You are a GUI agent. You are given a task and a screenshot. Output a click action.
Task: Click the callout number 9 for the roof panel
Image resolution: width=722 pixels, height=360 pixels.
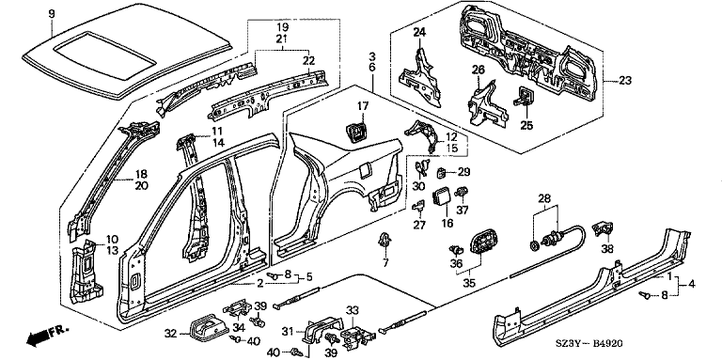coord(52,14)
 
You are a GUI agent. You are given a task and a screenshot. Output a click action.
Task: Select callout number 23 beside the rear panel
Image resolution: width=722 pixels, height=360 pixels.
coord(624,81)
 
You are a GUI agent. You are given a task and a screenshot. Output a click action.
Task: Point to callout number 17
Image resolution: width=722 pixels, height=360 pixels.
coord(363,106)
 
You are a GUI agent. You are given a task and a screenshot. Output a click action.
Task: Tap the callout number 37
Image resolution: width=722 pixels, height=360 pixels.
coord(462,211)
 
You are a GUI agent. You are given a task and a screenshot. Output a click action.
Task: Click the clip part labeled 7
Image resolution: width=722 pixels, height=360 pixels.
coord(384,241)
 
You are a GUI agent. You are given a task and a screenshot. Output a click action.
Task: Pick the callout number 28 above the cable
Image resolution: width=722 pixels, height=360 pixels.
coord(544,198)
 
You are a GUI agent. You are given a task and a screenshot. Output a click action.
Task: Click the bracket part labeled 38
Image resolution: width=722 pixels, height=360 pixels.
coord(604,228)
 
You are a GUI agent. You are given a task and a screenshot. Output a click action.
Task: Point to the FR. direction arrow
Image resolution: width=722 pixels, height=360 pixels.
coord(47,335)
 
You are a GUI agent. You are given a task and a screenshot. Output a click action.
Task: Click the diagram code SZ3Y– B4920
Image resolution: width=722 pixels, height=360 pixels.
coord(592,344)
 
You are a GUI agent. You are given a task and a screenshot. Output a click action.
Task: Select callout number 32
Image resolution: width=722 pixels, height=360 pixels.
coord(170,333)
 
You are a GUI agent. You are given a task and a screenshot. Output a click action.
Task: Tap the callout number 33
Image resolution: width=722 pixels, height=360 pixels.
coord(353,311)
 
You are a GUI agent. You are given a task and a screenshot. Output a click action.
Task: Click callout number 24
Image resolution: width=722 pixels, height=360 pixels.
coord(419,32)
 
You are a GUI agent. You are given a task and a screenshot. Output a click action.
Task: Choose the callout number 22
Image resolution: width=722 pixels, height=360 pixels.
coord(308,60)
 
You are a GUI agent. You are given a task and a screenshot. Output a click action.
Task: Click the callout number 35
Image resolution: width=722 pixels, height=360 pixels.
coord(469,283)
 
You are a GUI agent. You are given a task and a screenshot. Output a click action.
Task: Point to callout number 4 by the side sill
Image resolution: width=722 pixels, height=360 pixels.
coord(692,285)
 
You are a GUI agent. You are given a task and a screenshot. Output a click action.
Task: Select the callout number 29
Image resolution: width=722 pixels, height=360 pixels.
coord(463,173)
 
